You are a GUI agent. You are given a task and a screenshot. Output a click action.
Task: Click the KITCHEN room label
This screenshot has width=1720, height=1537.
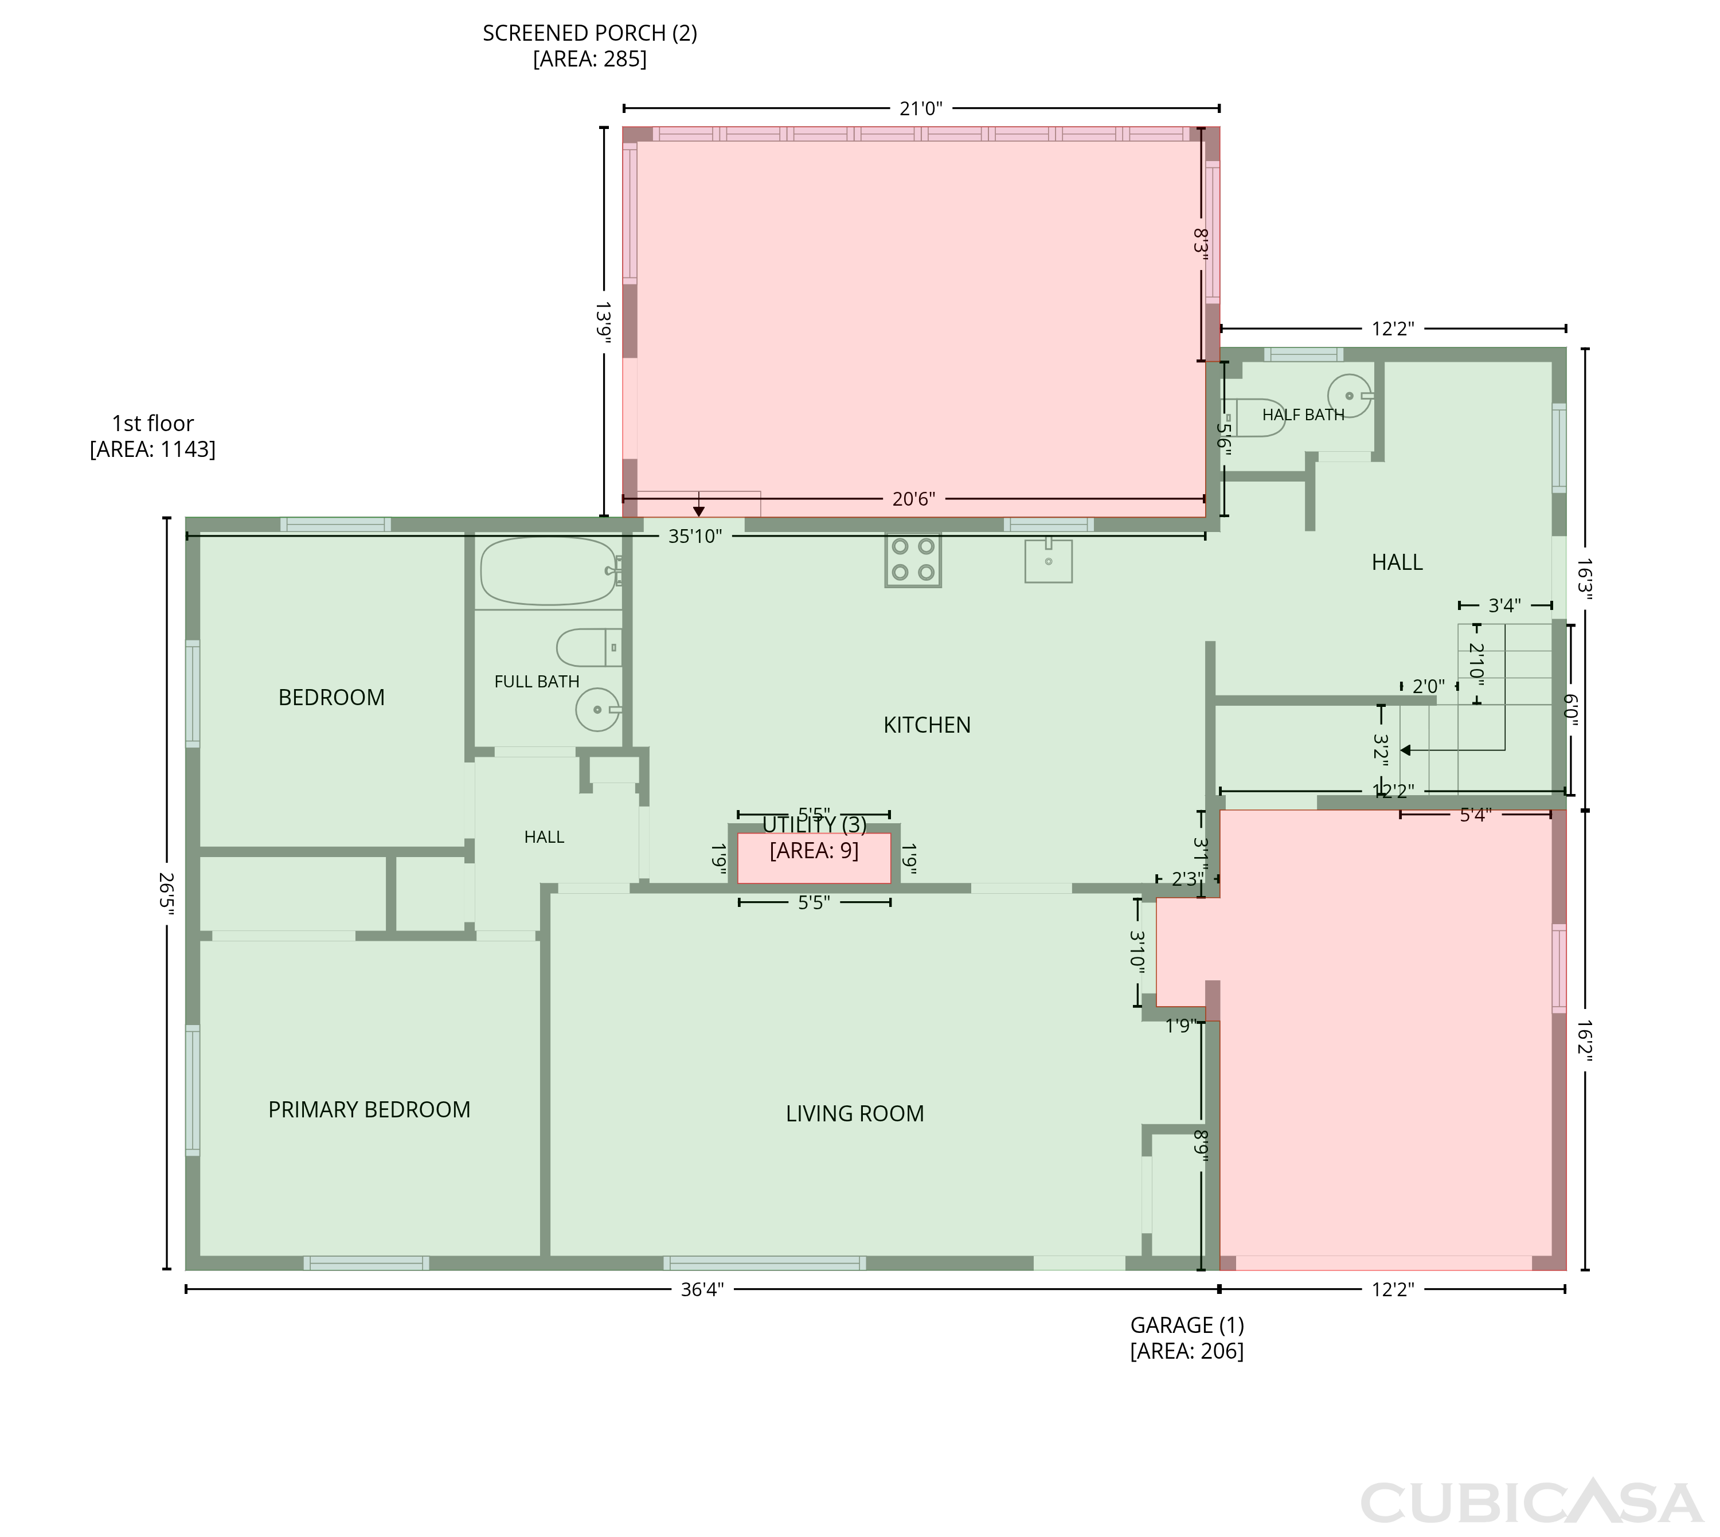[x=927, y=725]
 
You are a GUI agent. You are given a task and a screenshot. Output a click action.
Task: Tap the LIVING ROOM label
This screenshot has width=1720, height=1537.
[x=854, y=1113]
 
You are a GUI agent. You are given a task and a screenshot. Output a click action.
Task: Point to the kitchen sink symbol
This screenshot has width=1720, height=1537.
[x=1048, y=561]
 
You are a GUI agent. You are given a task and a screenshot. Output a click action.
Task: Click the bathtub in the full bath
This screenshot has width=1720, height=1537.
[x=549, y=571]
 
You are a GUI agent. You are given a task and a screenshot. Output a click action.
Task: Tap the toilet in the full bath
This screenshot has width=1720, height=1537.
[x=589, y=648]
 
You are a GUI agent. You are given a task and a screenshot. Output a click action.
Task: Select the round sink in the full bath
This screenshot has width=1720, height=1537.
[x=598, y=709]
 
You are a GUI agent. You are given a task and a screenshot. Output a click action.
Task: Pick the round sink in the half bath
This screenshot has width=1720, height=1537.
[x=1350, y=395]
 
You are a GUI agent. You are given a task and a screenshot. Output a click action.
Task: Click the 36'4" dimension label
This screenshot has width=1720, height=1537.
[x=702, y=1289]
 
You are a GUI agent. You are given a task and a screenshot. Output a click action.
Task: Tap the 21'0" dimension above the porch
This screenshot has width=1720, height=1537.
[x=920, y=108]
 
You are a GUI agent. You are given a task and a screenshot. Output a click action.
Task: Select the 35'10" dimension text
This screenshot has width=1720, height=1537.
[x=695, y=536]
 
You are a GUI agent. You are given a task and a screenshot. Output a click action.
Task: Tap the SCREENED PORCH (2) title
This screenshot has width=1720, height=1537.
[x=589, y=33]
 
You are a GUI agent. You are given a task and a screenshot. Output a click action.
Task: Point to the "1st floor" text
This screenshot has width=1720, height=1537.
[x=153, y=423]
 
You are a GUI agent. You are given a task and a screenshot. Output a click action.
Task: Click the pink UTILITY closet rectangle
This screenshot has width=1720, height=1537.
[x=814, y=858]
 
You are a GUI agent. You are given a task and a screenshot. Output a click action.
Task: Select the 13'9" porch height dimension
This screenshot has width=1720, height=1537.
[x=604, y=323]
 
